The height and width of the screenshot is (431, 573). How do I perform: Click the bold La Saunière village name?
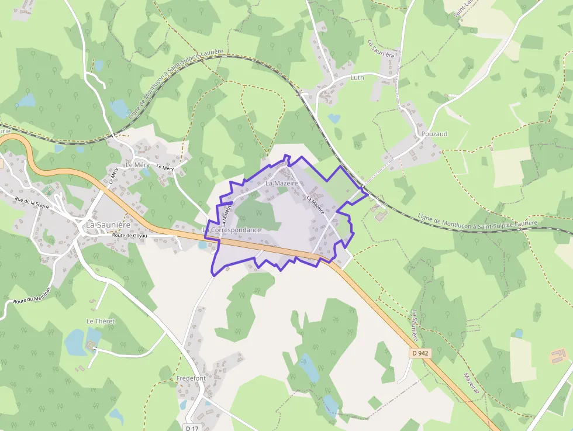tap(108, 224)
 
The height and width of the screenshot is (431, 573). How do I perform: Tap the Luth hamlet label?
tap(357, 77)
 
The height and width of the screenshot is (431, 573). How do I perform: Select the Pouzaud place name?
tap(434, 134)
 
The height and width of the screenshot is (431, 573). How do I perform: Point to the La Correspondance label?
tap(232, 230)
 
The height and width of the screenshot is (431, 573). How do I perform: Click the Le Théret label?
tap(101, 321)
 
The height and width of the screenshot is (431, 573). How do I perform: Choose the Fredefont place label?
tap(191, 378)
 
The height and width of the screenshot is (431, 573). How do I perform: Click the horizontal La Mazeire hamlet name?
tap(281, 183)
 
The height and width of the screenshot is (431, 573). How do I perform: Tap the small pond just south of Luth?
tap(334, 118)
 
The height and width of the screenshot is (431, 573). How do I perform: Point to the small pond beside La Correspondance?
tap(203, 245)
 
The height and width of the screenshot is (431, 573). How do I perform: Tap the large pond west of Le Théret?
tap(75, 342)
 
